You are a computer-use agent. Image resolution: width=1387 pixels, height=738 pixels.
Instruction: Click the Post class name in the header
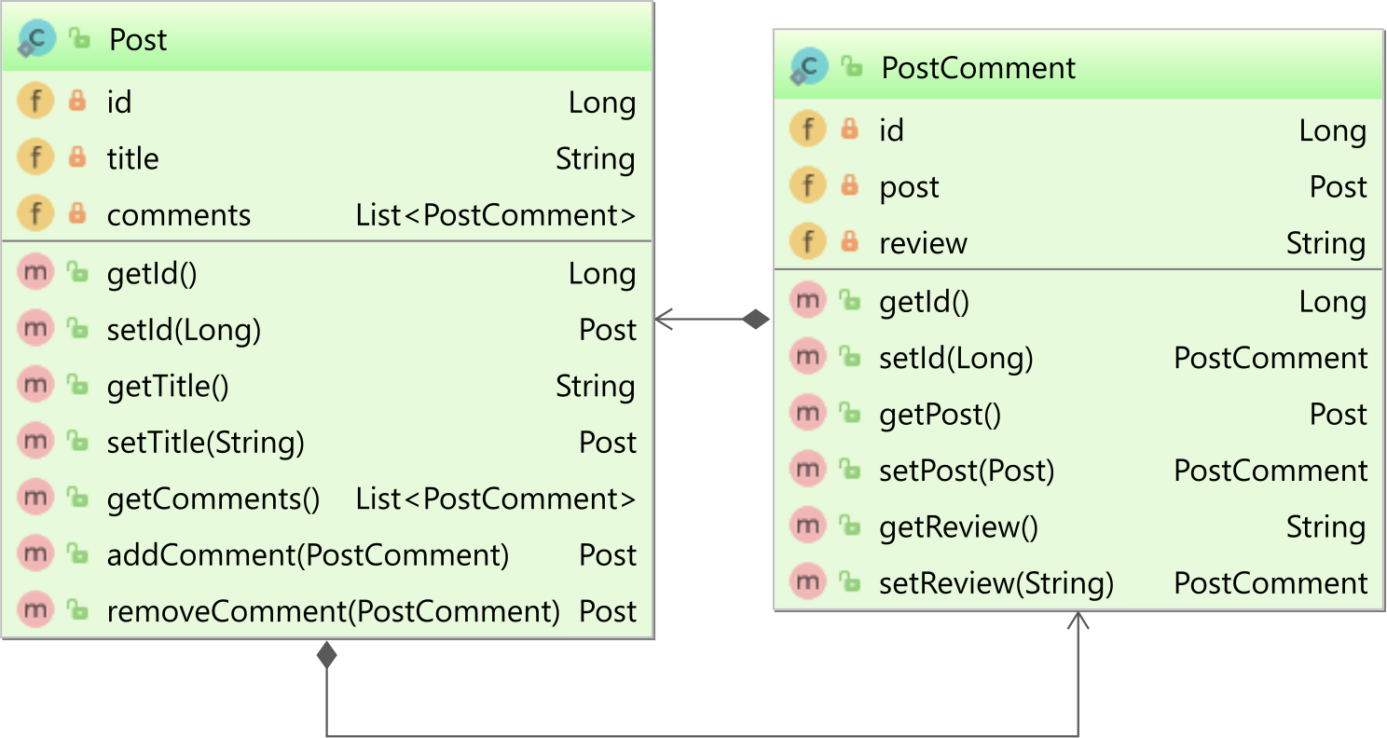(137, 40)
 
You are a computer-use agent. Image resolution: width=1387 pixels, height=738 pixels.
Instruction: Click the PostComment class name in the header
(978, 67)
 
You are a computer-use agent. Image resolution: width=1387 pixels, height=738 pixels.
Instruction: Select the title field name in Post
(132, 158)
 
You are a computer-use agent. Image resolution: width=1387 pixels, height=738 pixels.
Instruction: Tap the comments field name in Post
(178, 215)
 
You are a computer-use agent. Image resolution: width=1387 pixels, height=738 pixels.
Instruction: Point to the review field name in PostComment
(923, 243)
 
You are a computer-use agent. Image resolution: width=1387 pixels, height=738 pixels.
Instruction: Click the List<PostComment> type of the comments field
(495, 215)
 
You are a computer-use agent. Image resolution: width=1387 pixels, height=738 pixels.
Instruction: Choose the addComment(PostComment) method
(308, 554)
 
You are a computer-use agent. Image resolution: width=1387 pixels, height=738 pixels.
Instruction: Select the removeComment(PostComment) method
(333, 611)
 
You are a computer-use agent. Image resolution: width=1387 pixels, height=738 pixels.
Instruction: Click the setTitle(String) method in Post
(206, 442)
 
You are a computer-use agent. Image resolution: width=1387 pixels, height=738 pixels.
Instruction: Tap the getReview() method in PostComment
(958, 526)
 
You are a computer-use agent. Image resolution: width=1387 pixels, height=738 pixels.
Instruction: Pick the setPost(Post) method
(967, 471)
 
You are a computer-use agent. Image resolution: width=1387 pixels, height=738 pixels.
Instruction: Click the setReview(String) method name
(996, 583)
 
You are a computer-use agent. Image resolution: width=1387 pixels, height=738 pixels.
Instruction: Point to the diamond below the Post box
(326, 655)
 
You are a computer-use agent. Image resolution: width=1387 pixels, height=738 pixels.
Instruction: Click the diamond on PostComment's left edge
(755, 319)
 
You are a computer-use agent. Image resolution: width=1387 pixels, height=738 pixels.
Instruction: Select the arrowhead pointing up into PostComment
(1078, 621)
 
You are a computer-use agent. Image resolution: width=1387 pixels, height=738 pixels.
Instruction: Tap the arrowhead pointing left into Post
(664, 319)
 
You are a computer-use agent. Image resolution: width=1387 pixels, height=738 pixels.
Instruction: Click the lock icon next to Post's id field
(77, 101)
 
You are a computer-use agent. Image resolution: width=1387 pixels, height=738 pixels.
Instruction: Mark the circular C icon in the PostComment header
(809, 66)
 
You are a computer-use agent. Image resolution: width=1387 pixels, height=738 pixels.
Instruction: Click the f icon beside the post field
(807, 185)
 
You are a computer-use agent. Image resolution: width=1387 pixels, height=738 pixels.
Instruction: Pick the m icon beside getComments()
(35, 498)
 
